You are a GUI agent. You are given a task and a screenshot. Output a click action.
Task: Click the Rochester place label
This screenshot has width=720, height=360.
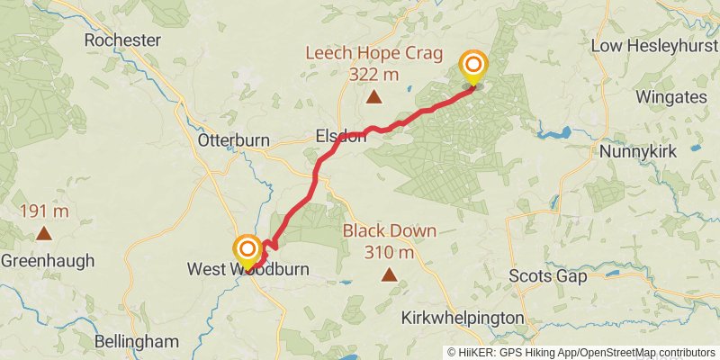(121, 40)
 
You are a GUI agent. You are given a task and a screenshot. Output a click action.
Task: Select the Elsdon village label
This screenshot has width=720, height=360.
(339, 137)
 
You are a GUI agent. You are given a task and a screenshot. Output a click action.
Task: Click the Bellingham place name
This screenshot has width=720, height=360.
(136, 341)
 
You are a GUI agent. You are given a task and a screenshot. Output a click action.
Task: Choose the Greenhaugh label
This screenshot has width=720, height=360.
(47, 261)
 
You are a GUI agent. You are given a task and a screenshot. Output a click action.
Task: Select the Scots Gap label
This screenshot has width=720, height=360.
(547, 276)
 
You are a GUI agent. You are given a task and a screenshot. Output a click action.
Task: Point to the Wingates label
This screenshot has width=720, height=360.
(666, 95)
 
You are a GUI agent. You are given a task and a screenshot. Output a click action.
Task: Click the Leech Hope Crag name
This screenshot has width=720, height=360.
(373, 53)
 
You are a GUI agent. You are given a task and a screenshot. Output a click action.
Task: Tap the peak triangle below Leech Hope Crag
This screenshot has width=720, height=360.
(373, 97)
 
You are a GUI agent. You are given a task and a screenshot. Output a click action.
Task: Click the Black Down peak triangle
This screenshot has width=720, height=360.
(390, 274)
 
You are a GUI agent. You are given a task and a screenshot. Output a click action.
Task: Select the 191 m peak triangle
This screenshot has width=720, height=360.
(43, 234)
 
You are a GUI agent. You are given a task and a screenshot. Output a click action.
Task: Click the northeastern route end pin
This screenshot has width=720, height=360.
(472, 67)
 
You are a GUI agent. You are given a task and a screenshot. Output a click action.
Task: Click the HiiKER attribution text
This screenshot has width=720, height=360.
(581, 353)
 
